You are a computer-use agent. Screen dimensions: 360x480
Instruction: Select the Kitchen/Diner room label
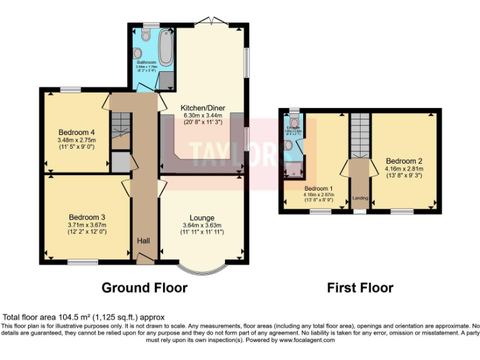202,107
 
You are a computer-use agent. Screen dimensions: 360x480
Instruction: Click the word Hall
143,241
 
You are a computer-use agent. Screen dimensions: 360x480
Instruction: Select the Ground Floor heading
144,287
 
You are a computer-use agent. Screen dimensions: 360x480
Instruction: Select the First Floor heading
360,287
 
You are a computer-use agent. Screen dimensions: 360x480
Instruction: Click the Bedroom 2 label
404,159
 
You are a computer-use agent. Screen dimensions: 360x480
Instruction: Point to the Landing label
360,198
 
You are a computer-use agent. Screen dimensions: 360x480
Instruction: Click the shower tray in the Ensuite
292,167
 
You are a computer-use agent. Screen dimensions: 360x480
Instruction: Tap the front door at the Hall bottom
144,258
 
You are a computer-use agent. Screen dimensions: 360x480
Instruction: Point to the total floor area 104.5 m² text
84,317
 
